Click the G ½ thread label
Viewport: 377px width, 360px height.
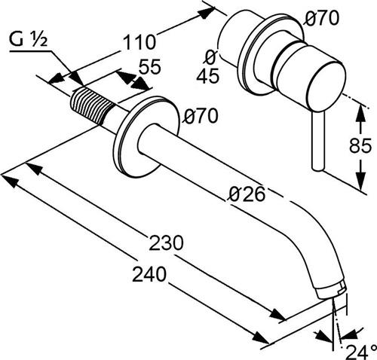point(29,40)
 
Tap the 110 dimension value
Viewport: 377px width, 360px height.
point(139,42)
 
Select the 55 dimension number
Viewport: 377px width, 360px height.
point(150,66)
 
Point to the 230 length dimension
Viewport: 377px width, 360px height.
point(167,243)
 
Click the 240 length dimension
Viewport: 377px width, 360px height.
point(149,274)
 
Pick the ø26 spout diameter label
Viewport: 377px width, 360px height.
point(247,194)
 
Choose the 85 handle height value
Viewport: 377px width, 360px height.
point(360,145)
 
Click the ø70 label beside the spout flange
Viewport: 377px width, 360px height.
point(201,116)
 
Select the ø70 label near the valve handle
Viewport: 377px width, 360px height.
point(321,18)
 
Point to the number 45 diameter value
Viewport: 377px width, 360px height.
point(207,76)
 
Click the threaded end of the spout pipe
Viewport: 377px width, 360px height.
point(91,106)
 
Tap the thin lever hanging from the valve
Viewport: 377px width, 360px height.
point(318,142)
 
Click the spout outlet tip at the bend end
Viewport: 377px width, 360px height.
point(332,292)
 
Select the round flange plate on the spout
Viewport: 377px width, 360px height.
point(146,138)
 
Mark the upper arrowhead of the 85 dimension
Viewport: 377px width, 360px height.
point(361,111)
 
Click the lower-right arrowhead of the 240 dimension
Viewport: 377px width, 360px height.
point(262,338)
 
